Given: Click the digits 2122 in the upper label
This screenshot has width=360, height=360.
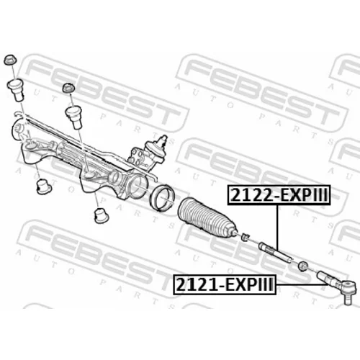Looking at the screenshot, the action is (252, 195).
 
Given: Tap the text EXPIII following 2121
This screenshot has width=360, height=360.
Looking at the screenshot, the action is (250, 284).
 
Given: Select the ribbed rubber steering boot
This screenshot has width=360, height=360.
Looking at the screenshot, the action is (207, 217).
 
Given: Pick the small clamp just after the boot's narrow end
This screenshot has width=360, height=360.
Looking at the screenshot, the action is (245, 236).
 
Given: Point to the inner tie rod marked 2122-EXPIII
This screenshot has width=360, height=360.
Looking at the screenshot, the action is (276, 253).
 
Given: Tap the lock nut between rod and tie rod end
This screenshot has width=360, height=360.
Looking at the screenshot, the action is (303, 266).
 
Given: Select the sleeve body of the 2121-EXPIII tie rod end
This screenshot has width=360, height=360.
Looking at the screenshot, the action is (325, 278).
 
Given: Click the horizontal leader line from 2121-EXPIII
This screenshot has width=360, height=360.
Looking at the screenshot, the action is (302, 284).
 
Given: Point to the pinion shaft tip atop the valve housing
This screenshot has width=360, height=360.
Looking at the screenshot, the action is (164, 138).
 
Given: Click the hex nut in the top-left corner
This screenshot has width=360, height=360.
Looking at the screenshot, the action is (10, 60).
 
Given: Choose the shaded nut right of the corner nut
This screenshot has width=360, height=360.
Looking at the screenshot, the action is (68, 89).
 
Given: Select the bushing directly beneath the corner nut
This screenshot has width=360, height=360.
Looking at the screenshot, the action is (16, 90).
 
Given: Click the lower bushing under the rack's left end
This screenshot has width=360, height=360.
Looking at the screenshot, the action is (43, 186).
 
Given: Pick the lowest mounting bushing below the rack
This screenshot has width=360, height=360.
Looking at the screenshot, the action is (101, 215).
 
